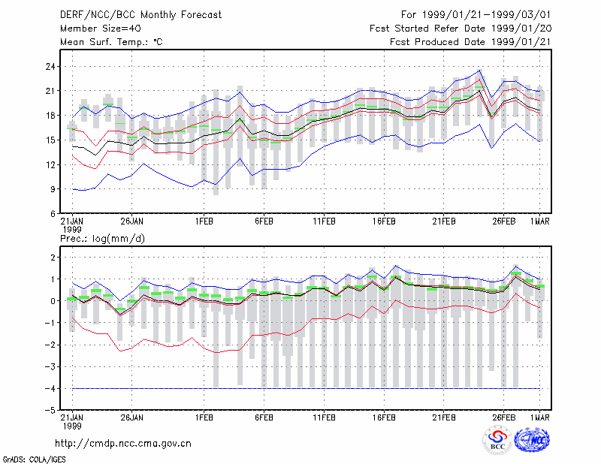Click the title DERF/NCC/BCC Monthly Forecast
click(140, 15)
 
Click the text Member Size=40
click(101, 29)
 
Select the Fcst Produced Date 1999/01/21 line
click(470, 42)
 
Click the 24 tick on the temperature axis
click(50, 67)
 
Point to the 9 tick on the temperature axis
click(53, 189)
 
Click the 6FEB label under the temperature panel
click(264, 221)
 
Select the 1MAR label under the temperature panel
click(540, 221)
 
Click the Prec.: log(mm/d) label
click(102, 239)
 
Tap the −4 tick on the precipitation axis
click(50, 388)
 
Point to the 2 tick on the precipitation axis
click(53, 258)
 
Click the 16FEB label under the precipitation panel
click(384, 417)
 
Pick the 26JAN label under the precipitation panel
click(132, 417)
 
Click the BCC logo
click(497, 440)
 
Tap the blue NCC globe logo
click(532, 440)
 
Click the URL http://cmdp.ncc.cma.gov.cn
click(123, 444)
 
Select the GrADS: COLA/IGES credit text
click(34, 459)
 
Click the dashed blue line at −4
click(307, 388)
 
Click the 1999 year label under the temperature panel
click(72, 230)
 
